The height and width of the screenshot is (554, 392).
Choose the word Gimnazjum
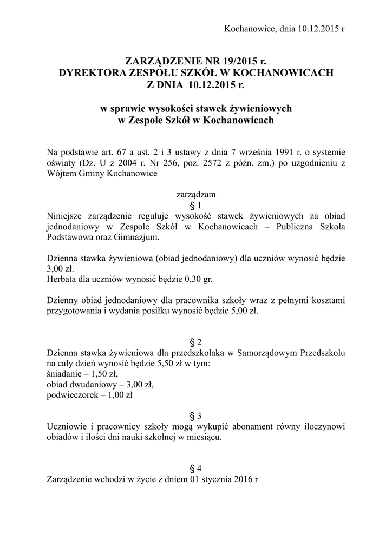tap(140, 237)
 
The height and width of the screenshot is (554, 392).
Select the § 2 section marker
tap(196, 342)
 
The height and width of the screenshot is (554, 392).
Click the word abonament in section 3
tap(232, 426)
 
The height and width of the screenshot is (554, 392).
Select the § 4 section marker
tap(196, 469)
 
